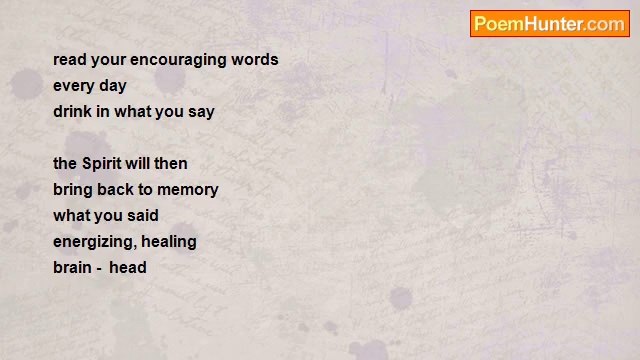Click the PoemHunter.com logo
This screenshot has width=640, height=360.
coord(550,24)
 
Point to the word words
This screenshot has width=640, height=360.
coord(255,60)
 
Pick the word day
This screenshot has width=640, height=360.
coord(113,87)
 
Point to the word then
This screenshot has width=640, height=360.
coord(171,164)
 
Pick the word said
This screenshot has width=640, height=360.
coord(143,216)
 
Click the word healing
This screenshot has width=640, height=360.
coord(169,242)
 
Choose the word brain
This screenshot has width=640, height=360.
coord(72,268)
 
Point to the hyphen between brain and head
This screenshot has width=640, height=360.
coord(99,270)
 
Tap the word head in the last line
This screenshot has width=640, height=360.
coord(128,268)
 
